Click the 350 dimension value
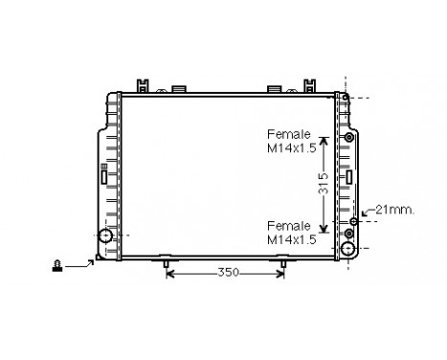tap(226, 273)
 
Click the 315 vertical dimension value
tap(324, 182)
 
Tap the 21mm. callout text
tap(394, 210)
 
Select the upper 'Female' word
tap(287, 134)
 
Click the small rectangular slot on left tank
tap(103, 173)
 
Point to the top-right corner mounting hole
tap(345, 97)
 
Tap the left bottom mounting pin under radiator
tap(167, 262)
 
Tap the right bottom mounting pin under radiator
tap(281, 262)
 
